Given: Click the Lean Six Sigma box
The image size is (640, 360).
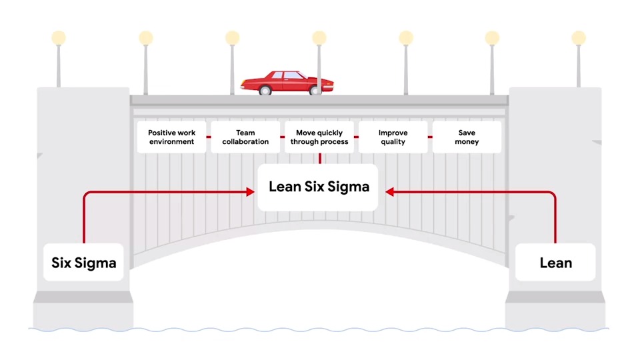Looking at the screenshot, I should point(318,187).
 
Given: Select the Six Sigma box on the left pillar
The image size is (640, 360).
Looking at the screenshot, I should point(83,262).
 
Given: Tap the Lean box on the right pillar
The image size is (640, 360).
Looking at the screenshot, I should point(555,262).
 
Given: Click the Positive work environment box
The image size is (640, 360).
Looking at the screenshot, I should point(171,137).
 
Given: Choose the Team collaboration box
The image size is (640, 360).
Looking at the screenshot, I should point(245,137).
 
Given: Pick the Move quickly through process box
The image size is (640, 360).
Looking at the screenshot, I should point(319,137).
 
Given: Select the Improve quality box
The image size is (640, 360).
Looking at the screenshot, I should point(393,137).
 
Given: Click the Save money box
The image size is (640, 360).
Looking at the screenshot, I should point(467,137).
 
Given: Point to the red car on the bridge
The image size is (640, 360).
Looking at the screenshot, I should point(287,83).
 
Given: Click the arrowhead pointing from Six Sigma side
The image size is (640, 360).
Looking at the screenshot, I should point(251,192).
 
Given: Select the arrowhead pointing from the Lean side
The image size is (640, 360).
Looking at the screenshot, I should point(389,192).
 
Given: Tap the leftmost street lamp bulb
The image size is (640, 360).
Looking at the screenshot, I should point(59,37).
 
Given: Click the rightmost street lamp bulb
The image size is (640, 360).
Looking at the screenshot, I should point(579,37).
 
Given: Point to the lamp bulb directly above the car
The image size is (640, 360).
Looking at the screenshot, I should point(319,37).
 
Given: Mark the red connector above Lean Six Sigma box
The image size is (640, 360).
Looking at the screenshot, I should point(319,159).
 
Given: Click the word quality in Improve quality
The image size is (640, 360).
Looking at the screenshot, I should point(393,142).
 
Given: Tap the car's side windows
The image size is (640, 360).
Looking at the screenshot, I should point(285,75).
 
